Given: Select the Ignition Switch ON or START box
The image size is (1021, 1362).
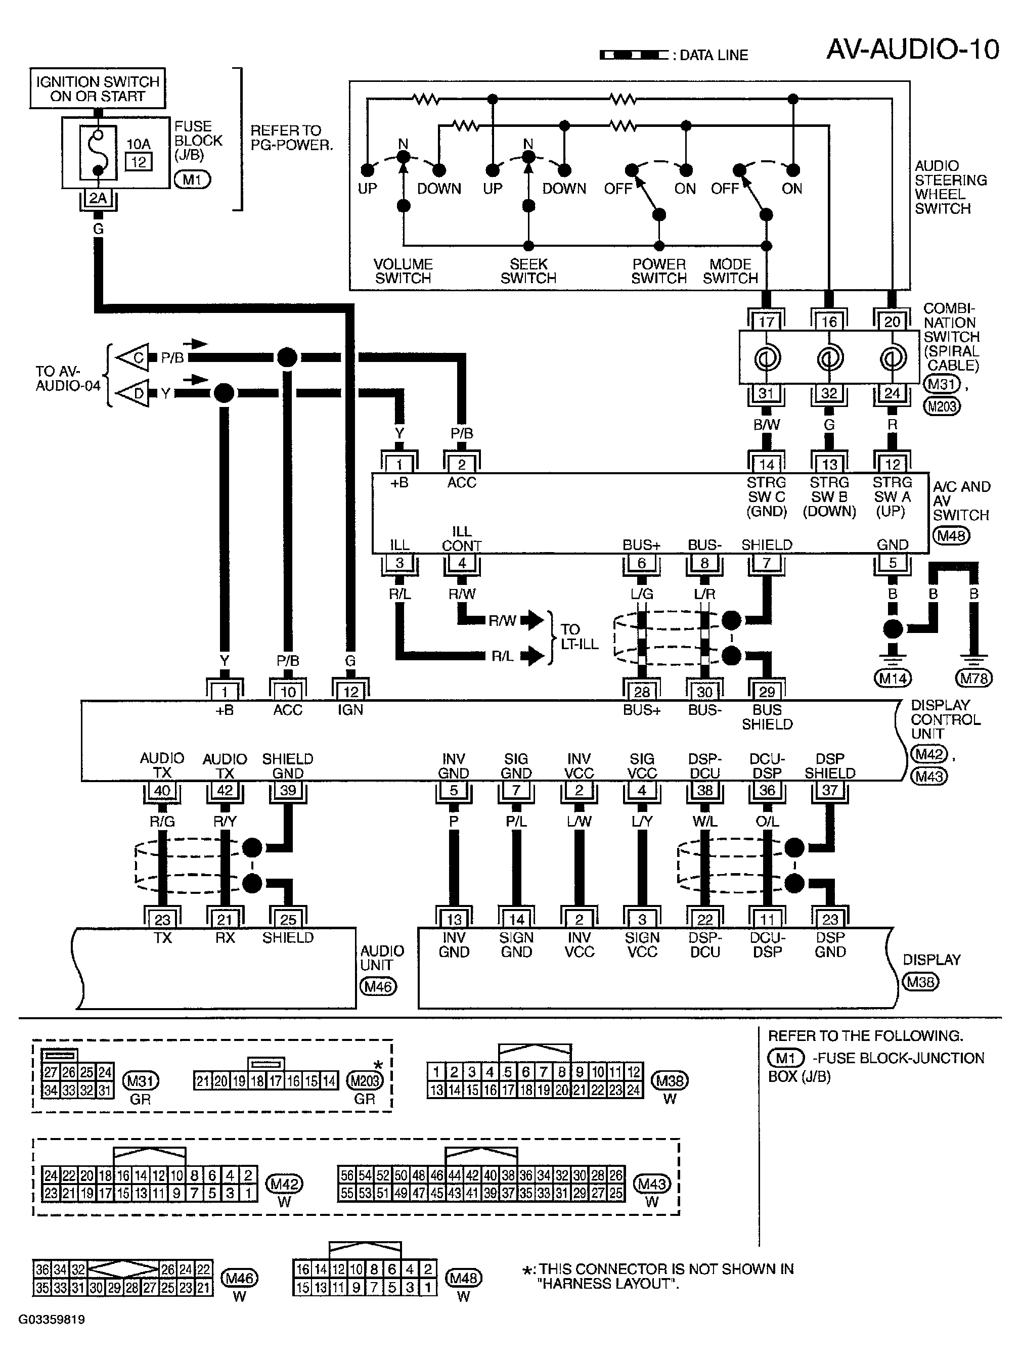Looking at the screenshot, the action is coord(97,88).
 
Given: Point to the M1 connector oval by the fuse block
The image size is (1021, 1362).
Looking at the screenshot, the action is coord(192,180).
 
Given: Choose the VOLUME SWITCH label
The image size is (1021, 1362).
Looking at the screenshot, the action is coord(404,271).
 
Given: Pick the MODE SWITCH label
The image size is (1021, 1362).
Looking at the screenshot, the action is coord(730,271).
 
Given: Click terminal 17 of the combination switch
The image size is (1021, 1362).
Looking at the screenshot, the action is coord(766,321).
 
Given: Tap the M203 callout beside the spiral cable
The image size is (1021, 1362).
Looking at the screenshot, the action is coord(942,406).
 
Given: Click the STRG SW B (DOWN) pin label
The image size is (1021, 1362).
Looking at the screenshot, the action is coord(829,497).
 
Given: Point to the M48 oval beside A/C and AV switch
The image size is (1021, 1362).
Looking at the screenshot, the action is coord(951,536).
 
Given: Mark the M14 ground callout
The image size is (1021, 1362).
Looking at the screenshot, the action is coord(892,678).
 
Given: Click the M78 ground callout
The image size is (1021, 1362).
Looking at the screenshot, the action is coord(973,678).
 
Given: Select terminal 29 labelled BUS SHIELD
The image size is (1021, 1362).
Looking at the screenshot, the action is coord(767,692).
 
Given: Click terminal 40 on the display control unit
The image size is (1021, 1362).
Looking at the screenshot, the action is coord(162,790).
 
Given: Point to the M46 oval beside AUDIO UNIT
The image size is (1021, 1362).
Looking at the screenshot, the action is coord(378,987).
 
